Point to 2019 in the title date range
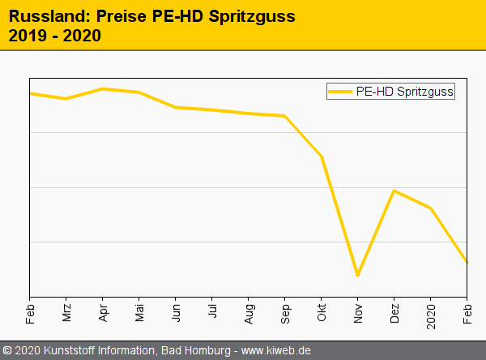click(x=28, y=36)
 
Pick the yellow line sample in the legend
click(x=341, y=92)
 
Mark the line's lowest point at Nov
click(x=357, y=275)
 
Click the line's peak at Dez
click(x=394, y=191)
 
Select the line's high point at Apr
click(x=102, y=88)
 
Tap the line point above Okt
click(x=322, y=156)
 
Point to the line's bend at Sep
click(x=284, y=116)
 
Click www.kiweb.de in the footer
click(x=276, y=350)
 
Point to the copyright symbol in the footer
click(x=7, y=350)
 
